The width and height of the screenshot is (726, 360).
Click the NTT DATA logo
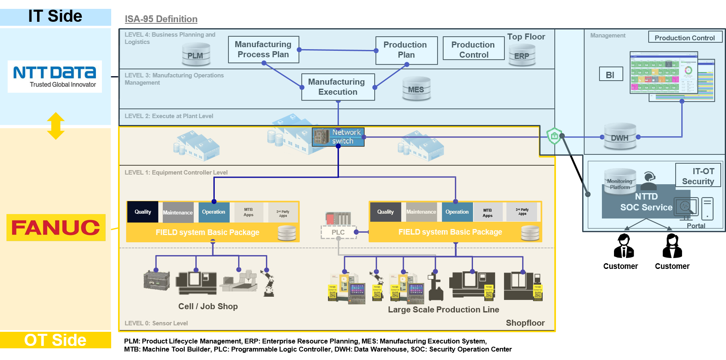(x=55, y=76)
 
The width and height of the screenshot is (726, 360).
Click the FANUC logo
(x=56, y=228)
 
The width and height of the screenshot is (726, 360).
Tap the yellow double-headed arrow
(x=56, y=126)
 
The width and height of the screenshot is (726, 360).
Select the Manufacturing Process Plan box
(x=263, y=50)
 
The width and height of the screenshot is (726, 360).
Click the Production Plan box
(x=406, y=50)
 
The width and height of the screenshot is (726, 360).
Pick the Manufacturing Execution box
(x=338, y=87)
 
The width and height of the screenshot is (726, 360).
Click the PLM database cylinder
(x=195, y=56)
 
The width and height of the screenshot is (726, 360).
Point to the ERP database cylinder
(x=522, y=56)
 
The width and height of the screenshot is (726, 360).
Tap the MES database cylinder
(x=416, y=89)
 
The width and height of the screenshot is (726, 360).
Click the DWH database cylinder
(x=620, y=137)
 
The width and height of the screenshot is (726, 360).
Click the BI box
(x=610, y=75)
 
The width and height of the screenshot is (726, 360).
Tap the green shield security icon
(x=554, y=136)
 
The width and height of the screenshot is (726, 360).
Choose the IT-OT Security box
(x=698, y=176)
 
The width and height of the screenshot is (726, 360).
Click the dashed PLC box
(x=338, y=232)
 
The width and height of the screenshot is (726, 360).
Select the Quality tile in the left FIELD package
(x=143, y=212)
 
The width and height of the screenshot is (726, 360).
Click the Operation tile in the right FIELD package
(x=457, y=212)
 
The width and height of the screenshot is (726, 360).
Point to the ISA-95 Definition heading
(x=161, y=19)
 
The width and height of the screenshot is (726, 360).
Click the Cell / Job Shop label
(x=208, y=306)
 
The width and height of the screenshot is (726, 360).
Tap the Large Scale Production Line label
(x=443, y=310)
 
